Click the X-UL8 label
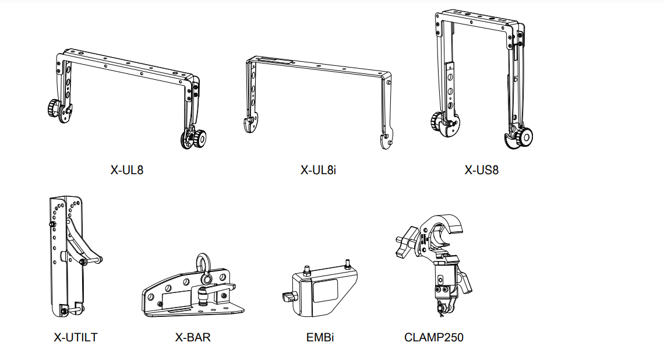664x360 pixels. click(x=127, y=170)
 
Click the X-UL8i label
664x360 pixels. click(x=319, y=170)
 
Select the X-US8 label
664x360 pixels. click(x=482, y=170)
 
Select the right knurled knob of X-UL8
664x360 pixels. click(x=199, y=139)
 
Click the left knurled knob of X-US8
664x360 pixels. click(x=437, y=121)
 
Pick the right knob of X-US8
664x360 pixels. click(x=525, y=137)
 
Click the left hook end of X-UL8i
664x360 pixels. click(x=249, y=124)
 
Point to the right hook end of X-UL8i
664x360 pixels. click(x=385, y=140)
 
